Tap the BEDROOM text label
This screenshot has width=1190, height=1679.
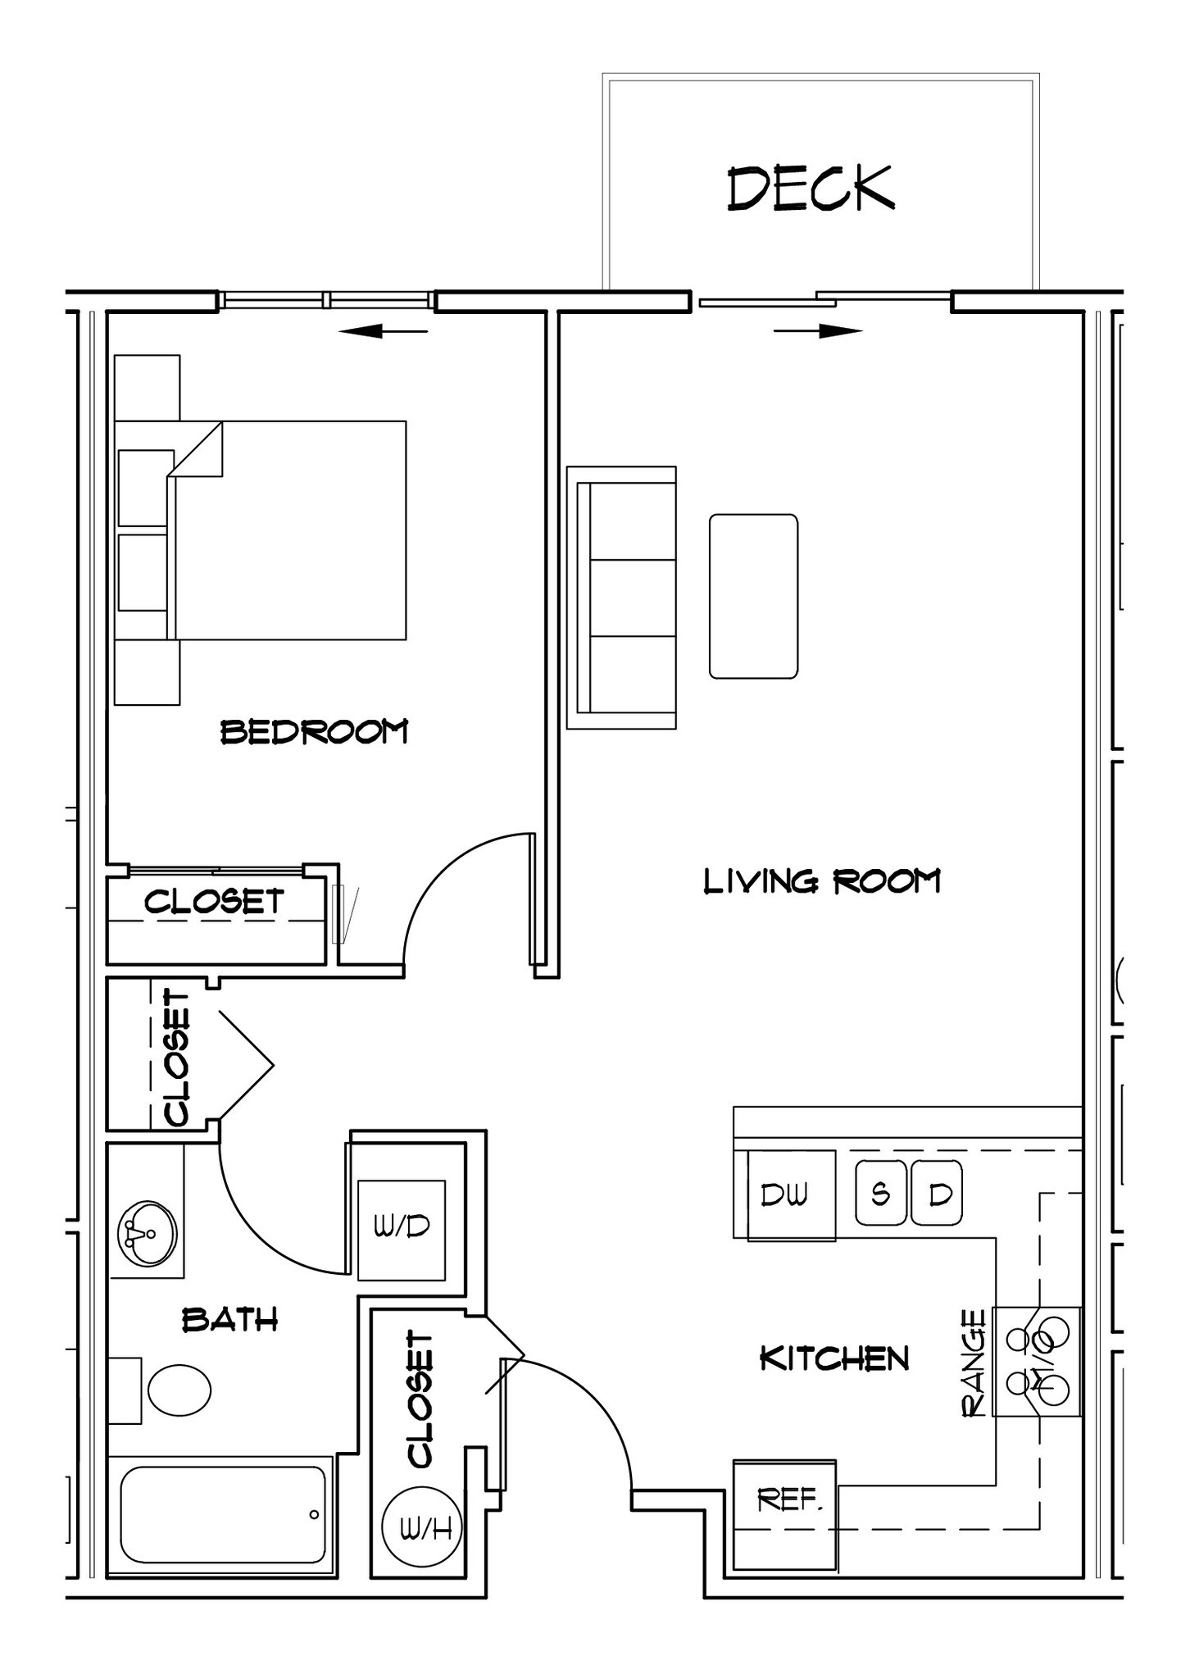(314, 731)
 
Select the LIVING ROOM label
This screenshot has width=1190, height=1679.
(822, 882)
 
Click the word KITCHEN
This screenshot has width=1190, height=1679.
(834, 1358)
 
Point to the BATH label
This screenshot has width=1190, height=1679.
(229, 1320)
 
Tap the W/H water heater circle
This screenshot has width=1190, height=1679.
(422, 1527)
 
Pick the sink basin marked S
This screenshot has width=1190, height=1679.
(881, 1193)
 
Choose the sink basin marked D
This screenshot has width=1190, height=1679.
(938, 1193)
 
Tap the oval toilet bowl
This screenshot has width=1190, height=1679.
(179, 1389)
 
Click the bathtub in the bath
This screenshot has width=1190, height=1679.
(223, 1514)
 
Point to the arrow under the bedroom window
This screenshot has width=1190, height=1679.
(383, 331)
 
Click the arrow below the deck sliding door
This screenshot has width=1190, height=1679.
(818, 331)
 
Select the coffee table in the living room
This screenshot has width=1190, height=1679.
(753, 596)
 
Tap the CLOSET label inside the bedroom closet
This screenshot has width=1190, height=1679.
(214, 902)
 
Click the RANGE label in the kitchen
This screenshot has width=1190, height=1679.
(973, 1363)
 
